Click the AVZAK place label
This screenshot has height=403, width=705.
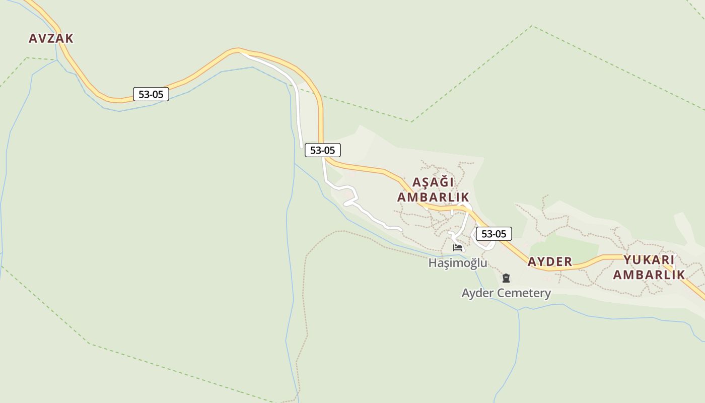(51, 38)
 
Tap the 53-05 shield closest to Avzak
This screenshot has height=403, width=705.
(151, 94)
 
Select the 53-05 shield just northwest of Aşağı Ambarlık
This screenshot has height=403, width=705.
(322, 150)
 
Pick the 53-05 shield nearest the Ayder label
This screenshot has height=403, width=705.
(493, 234)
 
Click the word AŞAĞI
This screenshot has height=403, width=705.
(433, 182)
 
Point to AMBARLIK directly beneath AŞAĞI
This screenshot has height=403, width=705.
(433, 197)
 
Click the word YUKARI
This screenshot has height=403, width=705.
(649, 260)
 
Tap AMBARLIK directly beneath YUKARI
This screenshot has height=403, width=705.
(649, 275)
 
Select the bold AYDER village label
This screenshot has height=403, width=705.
(550, 262)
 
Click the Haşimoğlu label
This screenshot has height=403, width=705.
(458, 263)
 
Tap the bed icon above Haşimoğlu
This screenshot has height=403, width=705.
(458, 247)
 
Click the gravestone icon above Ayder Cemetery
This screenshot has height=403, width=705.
(506, 278)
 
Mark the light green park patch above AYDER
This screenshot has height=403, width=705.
(564, 246)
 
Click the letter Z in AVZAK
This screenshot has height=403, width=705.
(51, 38)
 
